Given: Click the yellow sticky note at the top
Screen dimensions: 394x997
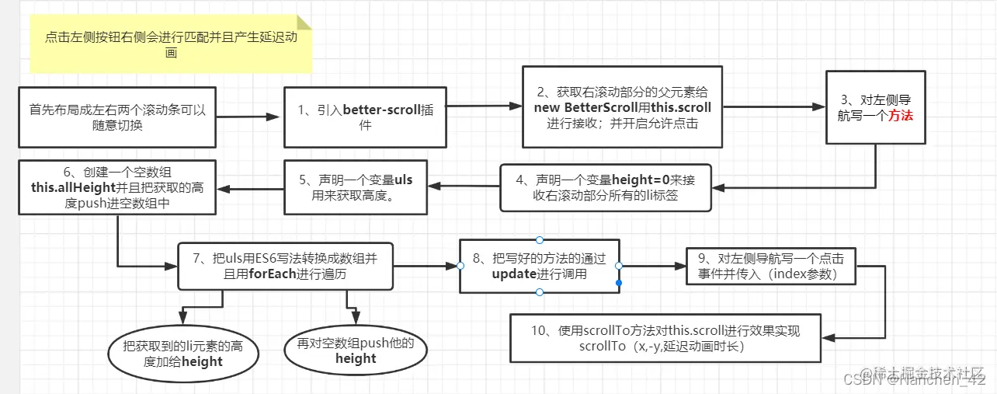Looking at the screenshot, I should click(x=171, y=45).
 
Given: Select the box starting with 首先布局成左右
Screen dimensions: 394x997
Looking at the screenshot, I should click(x=117, y=117).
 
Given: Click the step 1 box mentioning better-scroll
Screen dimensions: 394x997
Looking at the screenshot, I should click(x=365, y=117).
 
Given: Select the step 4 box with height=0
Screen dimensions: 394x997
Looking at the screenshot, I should click(x=606, y=187).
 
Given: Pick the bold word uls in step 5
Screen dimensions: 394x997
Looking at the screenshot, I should click(x=404, y=180).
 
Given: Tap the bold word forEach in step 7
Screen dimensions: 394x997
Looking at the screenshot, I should click(x=272, y=274).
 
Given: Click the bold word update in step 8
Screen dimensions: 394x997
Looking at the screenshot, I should click(x=515, y=274).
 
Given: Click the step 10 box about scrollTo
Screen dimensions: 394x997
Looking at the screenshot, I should click(x=665, y=338).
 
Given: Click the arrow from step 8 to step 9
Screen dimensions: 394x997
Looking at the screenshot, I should click(x=652, y=266).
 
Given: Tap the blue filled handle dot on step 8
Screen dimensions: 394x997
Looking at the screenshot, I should click(x=619, y=284).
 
